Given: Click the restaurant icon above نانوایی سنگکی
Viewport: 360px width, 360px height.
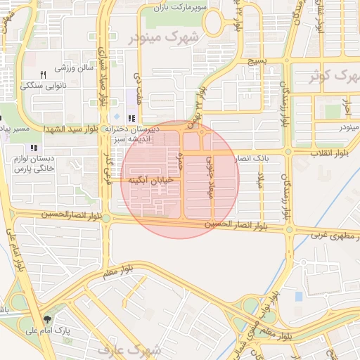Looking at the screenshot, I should point(43,75).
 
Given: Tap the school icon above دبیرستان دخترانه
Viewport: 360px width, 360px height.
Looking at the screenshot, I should point(131,118).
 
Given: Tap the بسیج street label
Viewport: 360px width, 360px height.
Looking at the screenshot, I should point(256,62).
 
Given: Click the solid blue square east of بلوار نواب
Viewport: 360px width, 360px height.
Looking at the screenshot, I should point(299,296).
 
